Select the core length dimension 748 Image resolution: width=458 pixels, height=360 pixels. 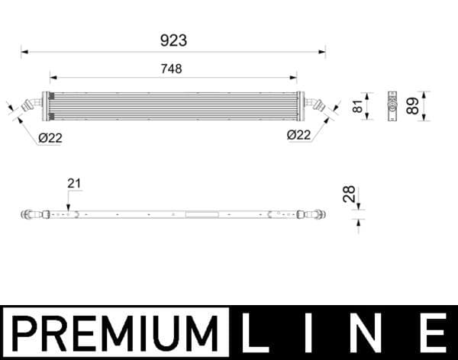pos(173,69)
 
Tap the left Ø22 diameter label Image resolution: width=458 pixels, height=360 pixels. pos(50,137)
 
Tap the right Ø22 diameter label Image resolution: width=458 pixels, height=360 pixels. pos(298,135)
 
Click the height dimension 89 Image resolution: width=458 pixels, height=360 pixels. pos(413,105)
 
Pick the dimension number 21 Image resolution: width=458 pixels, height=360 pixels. pos(74,183)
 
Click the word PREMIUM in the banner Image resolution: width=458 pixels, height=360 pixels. pos(113,333)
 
